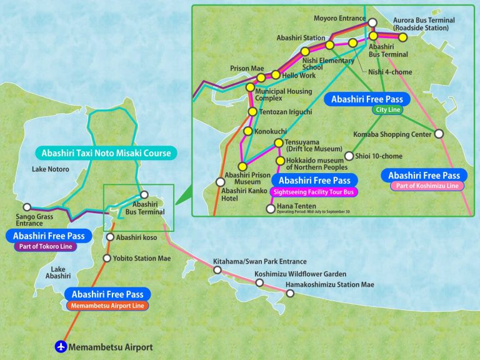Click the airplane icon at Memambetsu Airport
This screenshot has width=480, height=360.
[x=61, y=346]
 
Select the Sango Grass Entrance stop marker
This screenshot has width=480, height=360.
[x=26, y=207]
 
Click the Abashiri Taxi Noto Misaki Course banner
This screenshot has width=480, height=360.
[x=106, y=153]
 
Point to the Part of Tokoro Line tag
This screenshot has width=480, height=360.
[x=44, y=247]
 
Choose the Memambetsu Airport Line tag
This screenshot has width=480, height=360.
[x=107, y=306]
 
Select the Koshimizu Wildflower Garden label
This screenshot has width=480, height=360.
[x=300, y=274]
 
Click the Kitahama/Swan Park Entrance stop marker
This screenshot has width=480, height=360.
[x=217, y=270]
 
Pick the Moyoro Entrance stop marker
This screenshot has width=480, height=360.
[x=372, y=23]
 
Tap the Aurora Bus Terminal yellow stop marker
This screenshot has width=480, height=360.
[x=403, y=37]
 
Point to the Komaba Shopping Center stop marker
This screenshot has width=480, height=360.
[x=439, y=134]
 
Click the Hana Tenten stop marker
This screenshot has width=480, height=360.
[x=271, y=209]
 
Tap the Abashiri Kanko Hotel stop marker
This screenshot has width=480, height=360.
[x=220, y=182]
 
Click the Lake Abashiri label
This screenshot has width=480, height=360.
[x=58, y=272]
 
